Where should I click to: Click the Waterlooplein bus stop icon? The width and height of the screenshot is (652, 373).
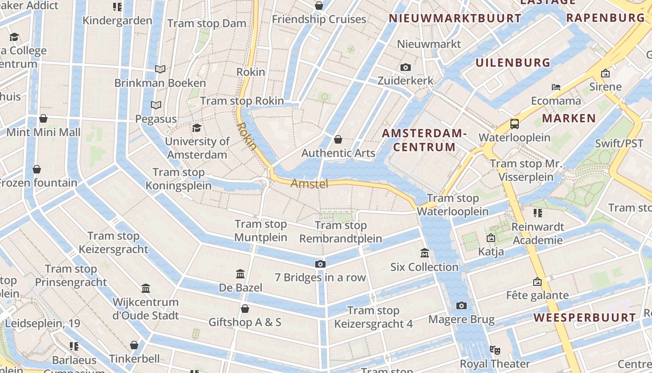click(x=515, y=124)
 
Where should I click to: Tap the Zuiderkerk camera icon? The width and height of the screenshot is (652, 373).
click(x=406, y=67)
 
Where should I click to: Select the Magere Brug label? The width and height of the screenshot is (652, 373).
click(x=461, y=319)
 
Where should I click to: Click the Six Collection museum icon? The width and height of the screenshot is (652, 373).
click(x=424, y=253)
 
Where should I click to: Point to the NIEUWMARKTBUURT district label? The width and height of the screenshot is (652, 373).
click(x=455, y=19)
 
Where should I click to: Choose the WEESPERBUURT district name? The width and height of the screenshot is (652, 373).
click(x=584, y=318)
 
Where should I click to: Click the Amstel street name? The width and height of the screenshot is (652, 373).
click(x=309, y=184)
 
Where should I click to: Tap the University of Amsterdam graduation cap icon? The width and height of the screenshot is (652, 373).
click(x=197, y=128)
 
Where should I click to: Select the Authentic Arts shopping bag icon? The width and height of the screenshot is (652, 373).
click(x=338, y=139)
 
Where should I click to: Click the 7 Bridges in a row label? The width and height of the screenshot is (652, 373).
click(x=320, y=277)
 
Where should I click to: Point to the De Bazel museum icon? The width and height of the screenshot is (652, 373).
click(x=240, y=274)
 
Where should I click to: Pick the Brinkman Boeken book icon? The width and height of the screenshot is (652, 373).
click(x=160, y=69)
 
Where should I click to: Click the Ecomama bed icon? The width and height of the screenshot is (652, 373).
click(x=556, y=87)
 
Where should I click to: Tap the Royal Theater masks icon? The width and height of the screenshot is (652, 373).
click(x=495, y=350)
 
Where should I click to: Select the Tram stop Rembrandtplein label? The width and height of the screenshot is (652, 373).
click(x=340, y=232)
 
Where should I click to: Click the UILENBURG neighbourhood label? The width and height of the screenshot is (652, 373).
click(x=513, y=62)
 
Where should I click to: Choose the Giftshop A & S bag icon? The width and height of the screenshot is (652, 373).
click(x=244, y=309)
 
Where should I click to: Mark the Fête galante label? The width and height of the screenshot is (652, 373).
click(x=537, y=295)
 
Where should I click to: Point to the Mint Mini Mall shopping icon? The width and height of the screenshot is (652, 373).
click(x=43, y=118)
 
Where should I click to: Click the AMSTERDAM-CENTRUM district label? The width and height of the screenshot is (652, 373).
click(x=424, y=140)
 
